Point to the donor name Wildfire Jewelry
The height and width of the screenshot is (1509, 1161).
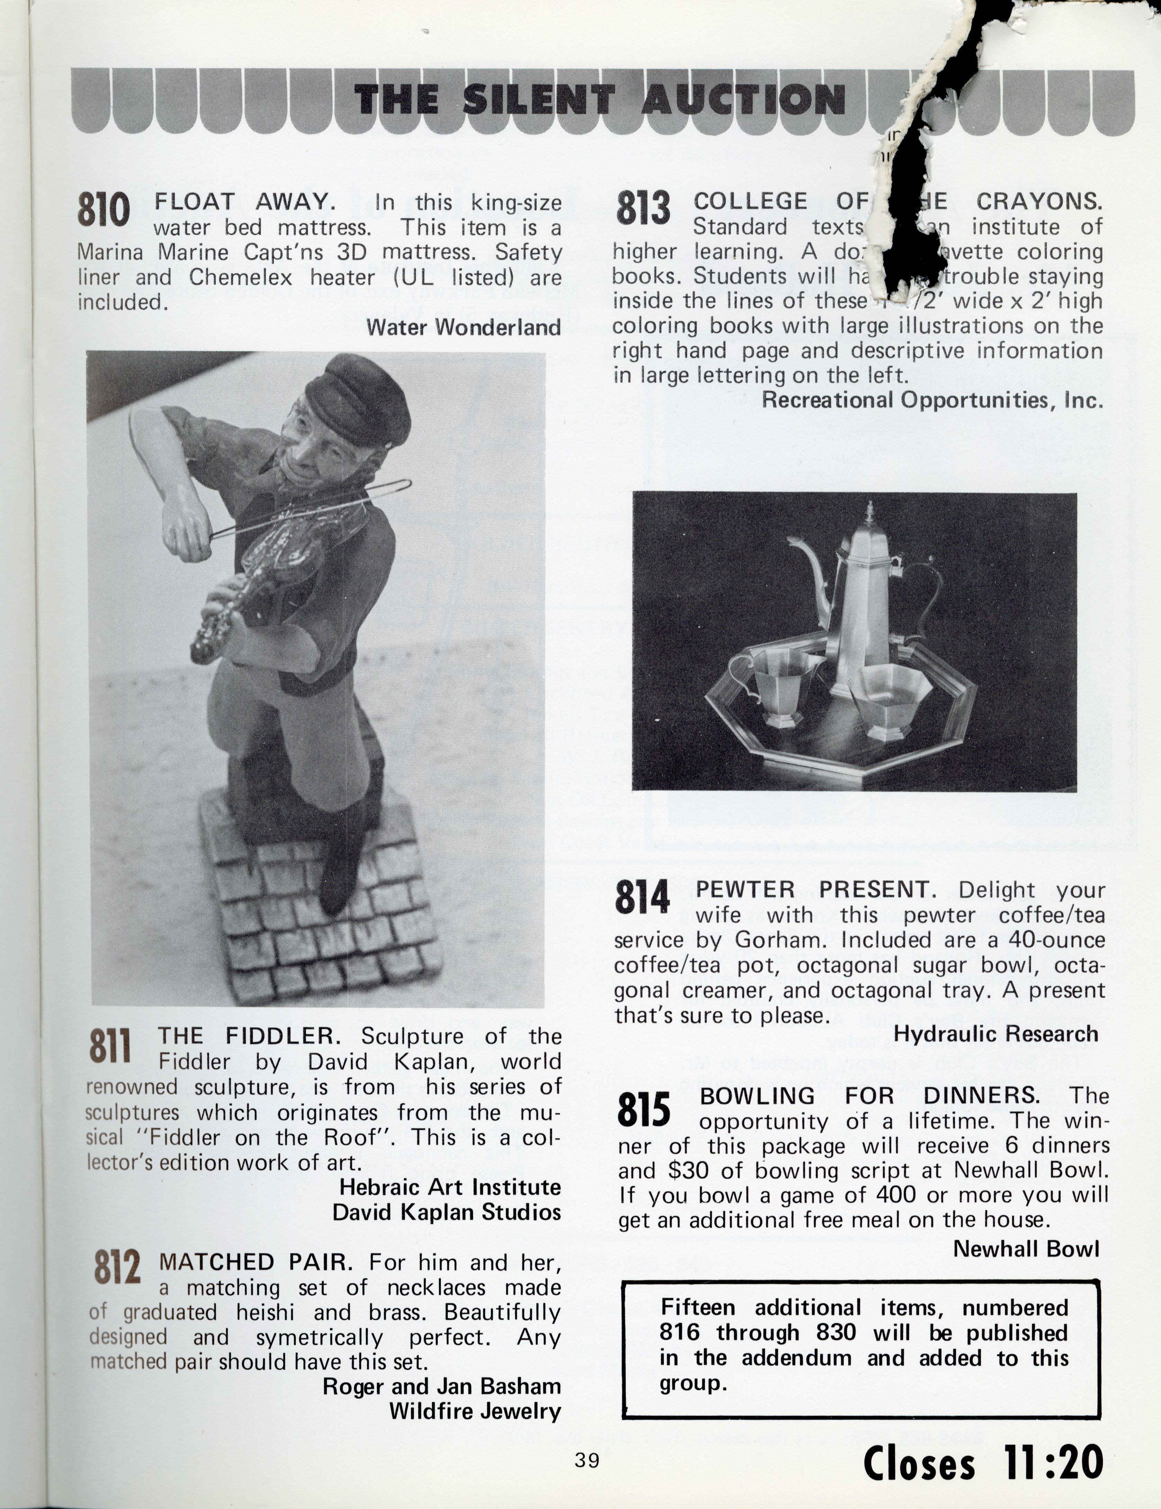[x=475, y=1411]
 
